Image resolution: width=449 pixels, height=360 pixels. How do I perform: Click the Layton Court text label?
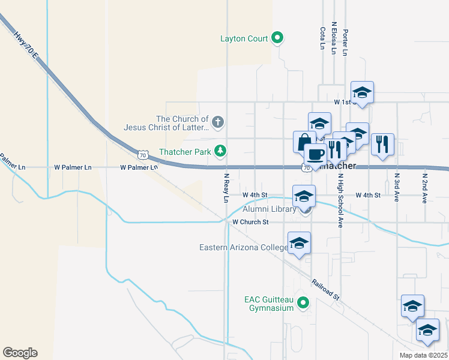tap(243, 38)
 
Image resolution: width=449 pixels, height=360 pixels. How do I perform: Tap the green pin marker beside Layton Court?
tap(277, 38)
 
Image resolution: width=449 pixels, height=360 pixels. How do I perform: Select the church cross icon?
tap(218, 123)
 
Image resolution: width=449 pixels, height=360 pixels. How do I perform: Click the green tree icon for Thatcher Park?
tap(221, 151)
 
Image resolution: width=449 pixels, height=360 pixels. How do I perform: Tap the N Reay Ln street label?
tap(227, 188)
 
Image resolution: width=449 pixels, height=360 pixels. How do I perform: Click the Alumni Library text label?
tap(269, 209)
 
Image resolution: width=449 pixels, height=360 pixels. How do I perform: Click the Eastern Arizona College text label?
tap(244, 247)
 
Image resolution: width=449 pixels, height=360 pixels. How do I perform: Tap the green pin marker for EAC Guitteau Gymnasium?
tap(304, 303)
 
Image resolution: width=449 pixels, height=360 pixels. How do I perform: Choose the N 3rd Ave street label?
tap(397, 188)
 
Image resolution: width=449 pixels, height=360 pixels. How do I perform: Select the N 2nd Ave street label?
tap(424, 188)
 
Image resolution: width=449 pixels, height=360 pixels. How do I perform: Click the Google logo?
tap(20, 353)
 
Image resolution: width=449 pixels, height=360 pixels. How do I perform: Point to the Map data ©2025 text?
tap(423, 355)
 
